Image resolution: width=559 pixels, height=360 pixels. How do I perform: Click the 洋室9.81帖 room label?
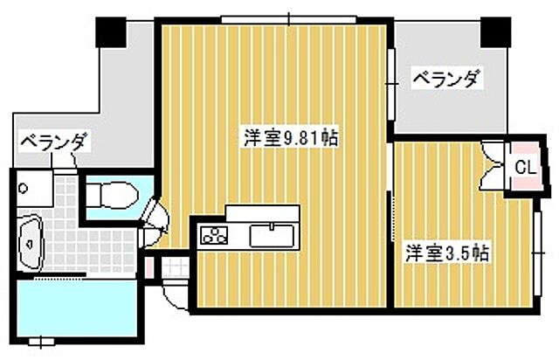[x=291, y=137]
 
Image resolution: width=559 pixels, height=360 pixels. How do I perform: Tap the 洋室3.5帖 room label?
[x=446, y=254]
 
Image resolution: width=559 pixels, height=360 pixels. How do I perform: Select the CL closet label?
[x=523, y=167]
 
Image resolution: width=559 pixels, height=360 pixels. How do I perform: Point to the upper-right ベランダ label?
[x=446, y=80]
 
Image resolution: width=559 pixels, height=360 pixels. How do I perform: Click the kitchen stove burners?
[x=214, y=234]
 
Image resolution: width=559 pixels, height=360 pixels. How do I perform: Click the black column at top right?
[x=494, y=33]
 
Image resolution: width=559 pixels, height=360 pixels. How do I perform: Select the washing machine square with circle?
[x=24, y=185]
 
